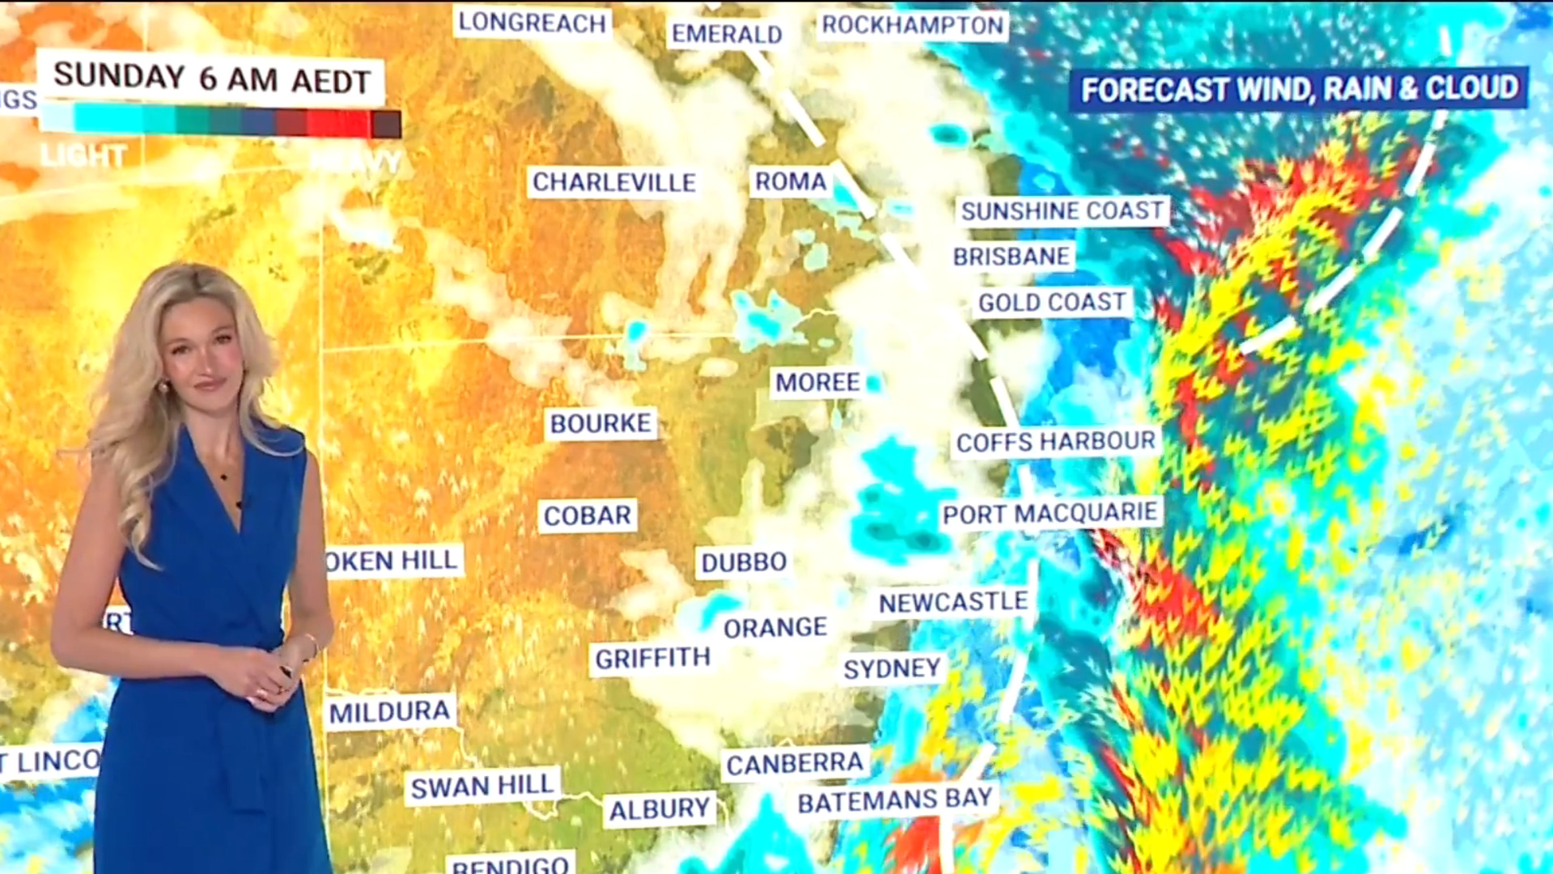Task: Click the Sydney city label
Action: [x=892, y=668]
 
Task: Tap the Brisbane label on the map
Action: [x=1011, y=257]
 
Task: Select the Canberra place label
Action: [x=795, y=763]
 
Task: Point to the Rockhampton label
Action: [x=912, y=25]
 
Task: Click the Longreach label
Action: [x=532, y=23]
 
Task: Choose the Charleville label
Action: [x=613, y=182]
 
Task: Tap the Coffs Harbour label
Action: [x=1055, y=442]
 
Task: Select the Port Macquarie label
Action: [x=1050, y=513]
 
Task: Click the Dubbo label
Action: [x=743, y=562]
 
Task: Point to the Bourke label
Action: [x=600, y=423]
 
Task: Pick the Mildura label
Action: [x=389, y=712]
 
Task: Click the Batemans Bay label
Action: [x=894, y=800]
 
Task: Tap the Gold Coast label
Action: [x=1051, y=303]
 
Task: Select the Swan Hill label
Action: [x=482, y=786]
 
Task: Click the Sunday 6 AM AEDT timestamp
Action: [x=211, y=78]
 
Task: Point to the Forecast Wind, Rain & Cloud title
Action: [x=1299, y=88]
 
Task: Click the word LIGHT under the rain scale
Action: [x=83, y=155]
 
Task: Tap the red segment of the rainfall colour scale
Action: [x=337, y=124]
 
